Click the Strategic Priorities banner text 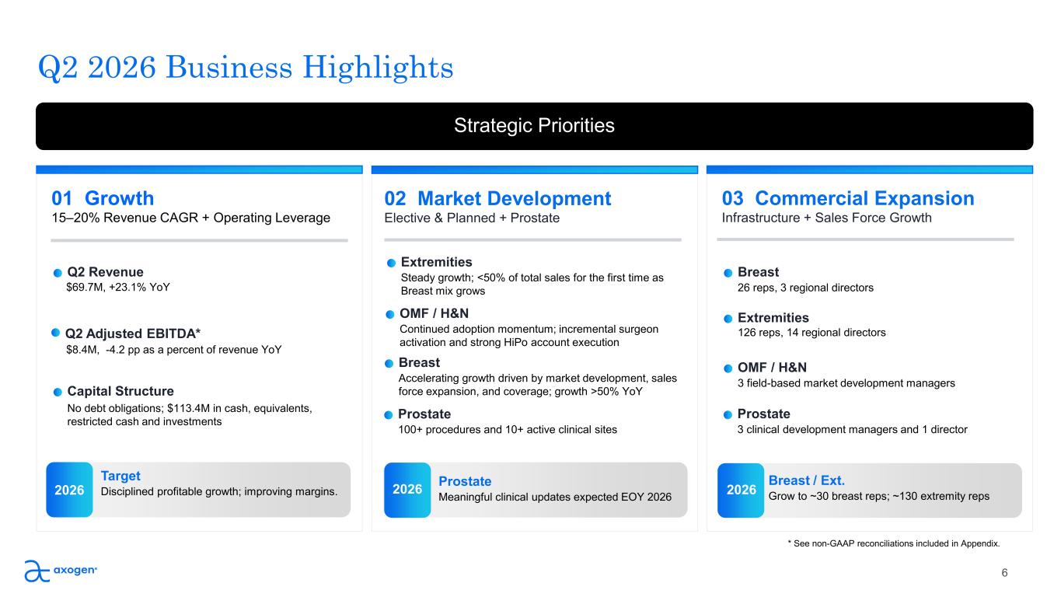(534, 126)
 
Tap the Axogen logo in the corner (61, 571)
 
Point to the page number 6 (1004, 573)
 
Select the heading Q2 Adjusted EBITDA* (133, 333)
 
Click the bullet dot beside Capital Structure (58, 392)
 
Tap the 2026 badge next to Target (69, 490)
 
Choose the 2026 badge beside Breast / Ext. (741, 490)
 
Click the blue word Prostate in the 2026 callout (465, 481)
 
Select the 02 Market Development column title (497, 198)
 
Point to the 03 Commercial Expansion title (848, 198)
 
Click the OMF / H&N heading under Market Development (434, 313)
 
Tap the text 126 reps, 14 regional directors (811, 333)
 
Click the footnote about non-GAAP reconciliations (894, 543)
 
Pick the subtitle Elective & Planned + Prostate (472, 218)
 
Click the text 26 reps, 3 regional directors (805, 288)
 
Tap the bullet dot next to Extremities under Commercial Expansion (728, 319)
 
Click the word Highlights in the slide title (378, 68)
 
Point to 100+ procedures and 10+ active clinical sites (508, 430)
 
